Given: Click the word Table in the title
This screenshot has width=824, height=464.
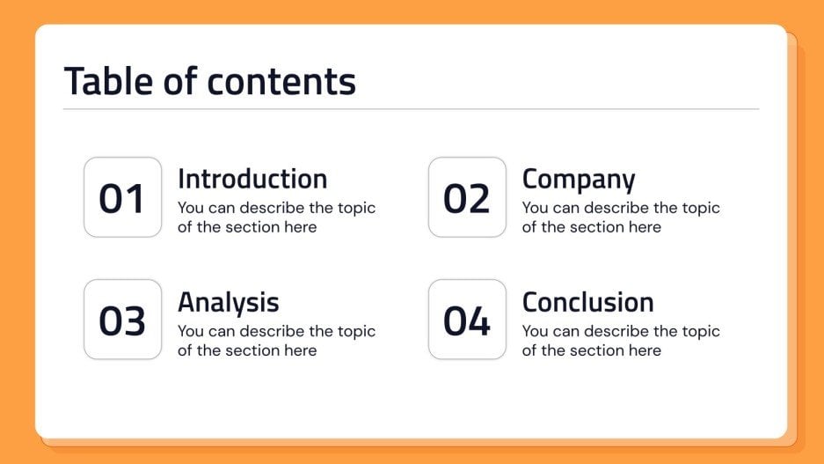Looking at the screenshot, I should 107,81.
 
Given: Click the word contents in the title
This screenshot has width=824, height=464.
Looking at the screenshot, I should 281,82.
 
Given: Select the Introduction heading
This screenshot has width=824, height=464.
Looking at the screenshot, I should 252,179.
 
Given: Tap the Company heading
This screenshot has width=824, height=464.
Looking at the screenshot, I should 578,179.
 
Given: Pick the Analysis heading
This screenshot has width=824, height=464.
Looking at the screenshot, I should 228,302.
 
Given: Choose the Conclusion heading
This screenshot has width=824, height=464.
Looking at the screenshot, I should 587,302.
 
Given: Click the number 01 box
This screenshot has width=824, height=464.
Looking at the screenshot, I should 122,197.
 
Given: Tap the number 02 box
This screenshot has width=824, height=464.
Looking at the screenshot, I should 467,197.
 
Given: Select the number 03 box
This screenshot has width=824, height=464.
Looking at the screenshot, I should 122,320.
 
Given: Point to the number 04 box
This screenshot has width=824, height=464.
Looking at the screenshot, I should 467,320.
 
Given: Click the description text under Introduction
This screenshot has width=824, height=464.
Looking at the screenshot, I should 276,217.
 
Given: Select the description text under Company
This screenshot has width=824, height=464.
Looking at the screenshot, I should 621,217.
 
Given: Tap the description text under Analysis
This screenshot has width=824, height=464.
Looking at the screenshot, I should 276,341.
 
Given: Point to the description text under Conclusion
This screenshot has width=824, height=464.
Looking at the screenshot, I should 621,341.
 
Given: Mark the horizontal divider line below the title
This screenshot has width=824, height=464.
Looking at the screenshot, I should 411,109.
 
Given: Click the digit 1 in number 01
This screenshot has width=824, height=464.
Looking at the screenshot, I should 135,199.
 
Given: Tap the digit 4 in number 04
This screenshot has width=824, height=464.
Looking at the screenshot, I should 479,322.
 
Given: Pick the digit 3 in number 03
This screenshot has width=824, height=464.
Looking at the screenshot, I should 135,322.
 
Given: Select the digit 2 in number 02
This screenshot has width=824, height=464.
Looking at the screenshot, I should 479,199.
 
